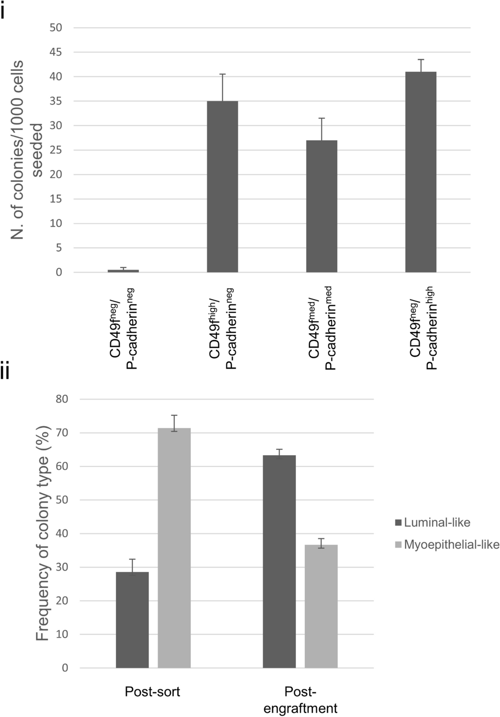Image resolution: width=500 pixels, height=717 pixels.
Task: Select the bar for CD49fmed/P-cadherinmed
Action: pos(321,206)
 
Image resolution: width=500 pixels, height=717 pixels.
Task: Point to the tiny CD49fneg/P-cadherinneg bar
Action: pos(123,271)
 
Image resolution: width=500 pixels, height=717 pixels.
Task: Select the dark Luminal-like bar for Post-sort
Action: pos(132,619)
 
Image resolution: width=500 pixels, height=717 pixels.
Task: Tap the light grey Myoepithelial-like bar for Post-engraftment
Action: pos(321,606)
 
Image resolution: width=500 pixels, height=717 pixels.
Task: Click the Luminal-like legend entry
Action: pos(432,522)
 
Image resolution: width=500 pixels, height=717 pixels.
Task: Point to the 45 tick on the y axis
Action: pos(56,52)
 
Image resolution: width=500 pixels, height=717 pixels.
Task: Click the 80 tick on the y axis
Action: pos(62,399)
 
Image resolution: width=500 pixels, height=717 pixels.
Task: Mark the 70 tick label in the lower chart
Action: pos(62,433)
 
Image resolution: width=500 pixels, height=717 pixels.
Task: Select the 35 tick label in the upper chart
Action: pos(56,101)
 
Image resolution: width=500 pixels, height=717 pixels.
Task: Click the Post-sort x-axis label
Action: pos(152,691)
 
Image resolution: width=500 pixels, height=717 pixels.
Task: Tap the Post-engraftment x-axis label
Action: pos(300,700)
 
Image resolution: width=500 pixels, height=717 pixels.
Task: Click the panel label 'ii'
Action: pos(5,372)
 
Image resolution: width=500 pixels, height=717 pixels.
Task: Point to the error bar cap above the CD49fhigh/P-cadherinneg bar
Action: pos(222,74)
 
